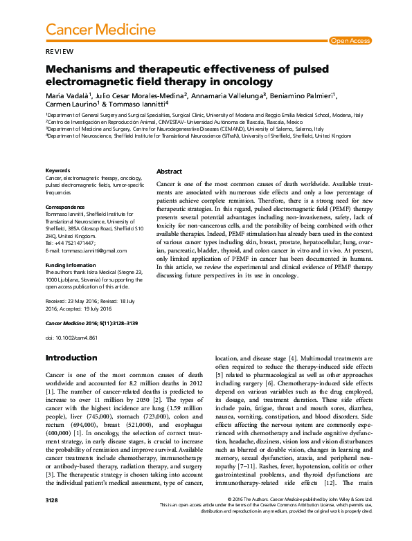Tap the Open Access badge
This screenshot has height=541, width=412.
point(350,41)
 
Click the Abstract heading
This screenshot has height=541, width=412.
point(169,171)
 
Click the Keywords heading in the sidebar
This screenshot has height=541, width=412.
point(57,170)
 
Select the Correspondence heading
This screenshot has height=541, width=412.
point(65,207)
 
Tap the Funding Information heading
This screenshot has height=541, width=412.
point(70,264)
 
